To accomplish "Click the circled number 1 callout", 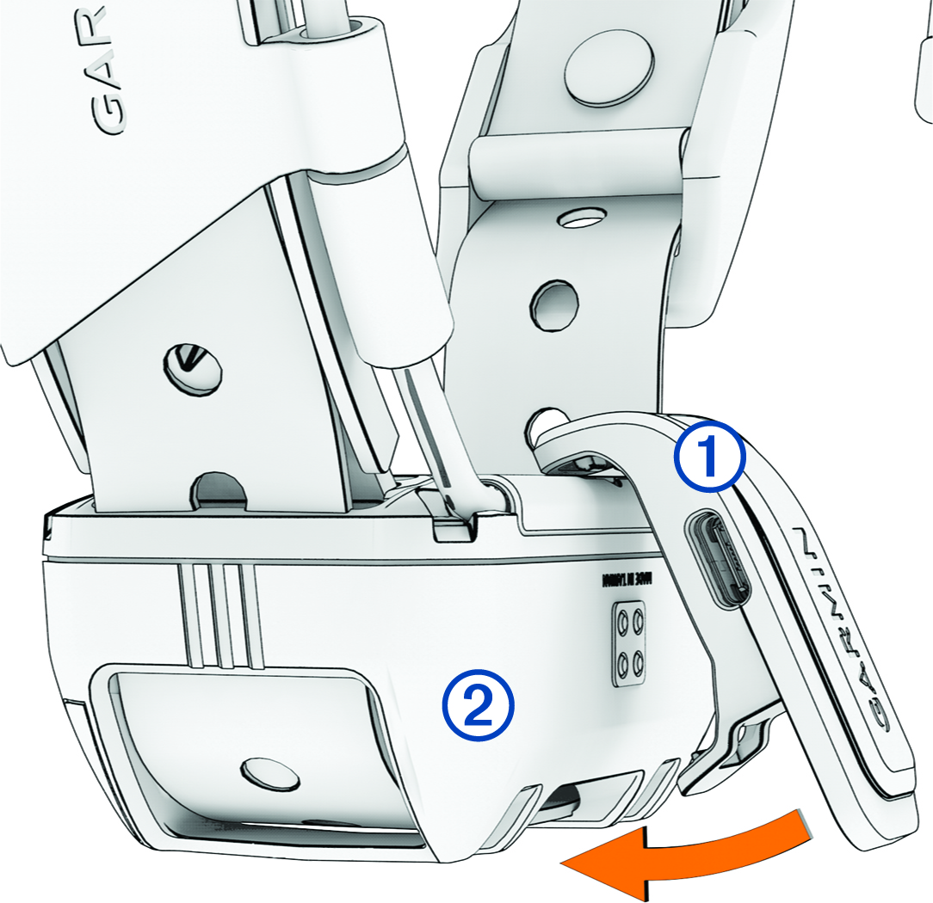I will tap(710, 463).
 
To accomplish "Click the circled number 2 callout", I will tap(478, 705).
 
